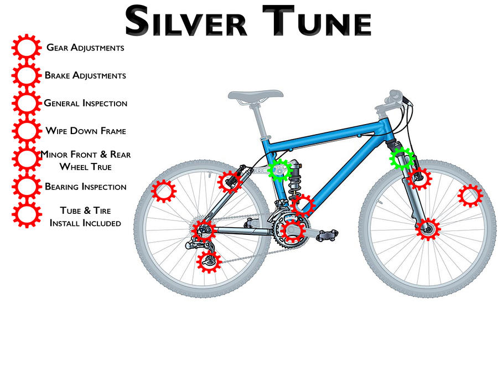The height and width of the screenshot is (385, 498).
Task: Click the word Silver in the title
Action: tap(185, 22)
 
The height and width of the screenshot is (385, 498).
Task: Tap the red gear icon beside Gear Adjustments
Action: tap(25, 48)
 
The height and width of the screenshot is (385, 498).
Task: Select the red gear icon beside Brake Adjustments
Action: tap(25, 76)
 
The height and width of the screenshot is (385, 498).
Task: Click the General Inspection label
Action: tap(85, 104)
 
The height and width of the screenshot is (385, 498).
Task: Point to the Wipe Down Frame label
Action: tap(86, 131)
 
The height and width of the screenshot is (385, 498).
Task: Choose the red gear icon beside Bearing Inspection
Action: tap(25, 187)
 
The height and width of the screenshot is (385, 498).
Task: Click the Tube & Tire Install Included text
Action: tap(85, 217)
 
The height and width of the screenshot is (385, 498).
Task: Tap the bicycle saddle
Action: tap(252, 95)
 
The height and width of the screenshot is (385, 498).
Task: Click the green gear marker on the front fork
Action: tap(402, 158)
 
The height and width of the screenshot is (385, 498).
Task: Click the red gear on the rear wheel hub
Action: tap(204, 229)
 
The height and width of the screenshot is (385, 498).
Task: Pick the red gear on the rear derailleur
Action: tap(209, 260)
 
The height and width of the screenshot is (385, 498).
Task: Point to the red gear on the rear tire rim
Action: tap(163, 192)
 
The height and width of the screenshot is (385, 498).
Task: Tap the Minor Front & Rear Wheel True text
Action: tap(86, 160)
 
